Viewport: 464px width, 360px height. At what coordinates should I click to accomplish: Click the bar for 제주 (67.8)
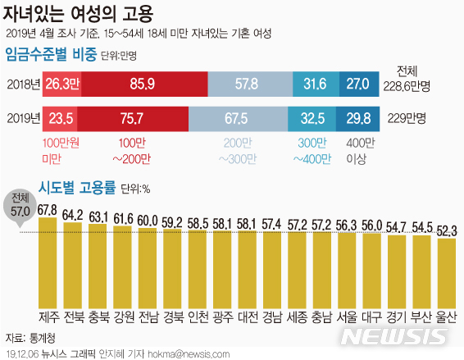48,262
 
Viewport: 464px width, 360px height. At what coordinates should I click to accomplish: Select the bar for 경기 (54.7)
397,269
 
